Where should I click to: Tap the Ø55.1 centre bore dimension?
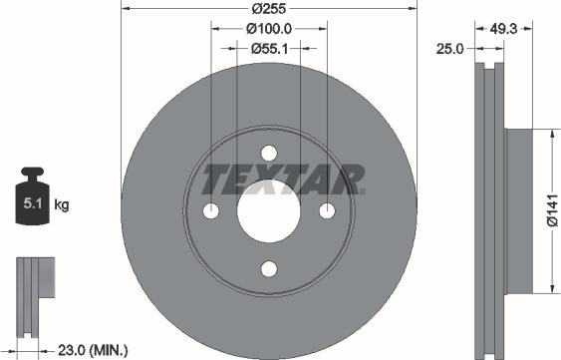(x=269, y=48)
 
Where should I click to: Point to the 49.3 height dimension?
(x=502, y=29)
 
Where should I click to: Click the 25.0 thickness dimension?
(x=450, y=48)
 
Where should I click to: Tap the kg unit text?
(x=61, y=206)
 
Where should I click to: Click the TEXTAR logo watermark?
(x=283, y=180)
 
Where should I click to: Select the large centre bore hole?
(x=268, y=210)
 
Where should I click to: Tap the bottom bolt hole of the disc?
(x=268, y=268)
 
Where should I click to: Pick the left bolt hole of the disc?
(x=210, y=210)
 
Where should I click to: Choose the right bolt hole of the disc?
(x=326, y=210)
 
